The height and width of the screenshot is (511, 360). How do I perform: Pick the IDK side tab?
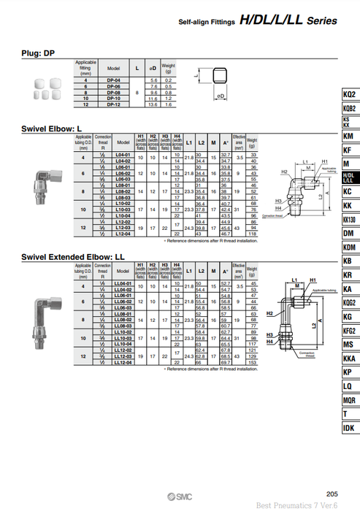(349, 428)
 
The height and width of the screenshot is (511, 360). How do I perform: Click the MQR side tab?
(349, 400)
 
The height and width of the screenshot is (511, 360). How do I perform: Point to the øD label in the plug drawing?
(220, 96)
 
